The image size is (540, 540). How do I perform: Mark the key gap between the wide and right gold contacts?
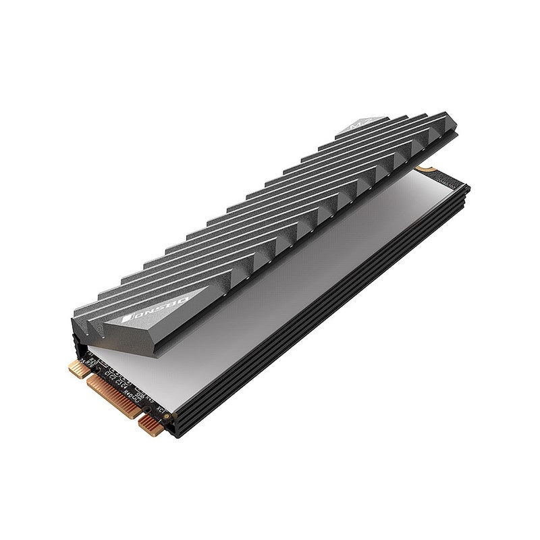[x=136, y=411]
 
